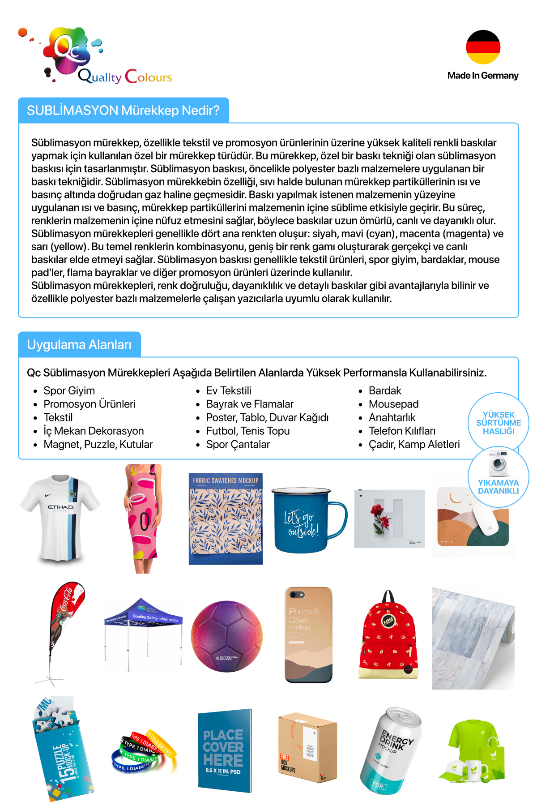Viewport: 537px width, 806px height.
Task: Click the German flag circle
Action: click(483, 47)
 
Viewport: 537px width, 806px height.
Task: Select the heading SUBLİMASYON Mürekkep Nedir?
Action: click(123, 110)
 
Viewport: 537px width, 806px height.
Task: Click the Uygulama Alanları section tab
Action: click(79, 344)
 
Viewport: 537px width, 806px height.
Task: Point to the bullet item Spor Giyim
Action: click(69, 390)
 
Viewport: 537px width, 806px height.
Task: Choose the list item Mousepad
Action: click(393, 404)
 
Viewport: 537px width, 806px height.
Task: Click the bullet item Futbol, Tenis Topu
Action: click(247, 431)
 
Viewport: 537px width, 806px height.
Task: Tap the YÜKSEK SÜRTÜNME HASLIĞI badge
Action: click(498, 423)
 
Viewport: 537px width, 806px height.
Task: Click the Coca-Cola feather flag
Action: click(65, 627)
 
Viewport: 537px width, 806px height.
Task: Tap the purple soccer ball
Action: click(226, 636)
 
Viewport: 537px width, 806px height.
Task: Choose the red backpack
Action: click(388, 636)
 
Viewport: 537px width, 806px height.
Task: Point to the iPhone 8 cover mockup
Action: click(308, 635)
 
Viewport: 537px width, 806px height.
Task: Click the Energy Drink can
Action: click(390, 750)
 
